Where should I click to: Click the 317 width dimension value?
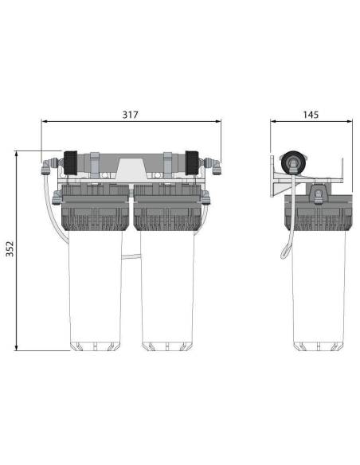(x=130, y=115)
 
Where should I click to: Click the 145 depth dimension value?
(x=311, y=115)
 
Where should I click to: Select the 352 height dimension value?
(x=10, y=248)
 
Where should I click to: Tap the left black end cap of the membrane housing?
(x=71, y=162)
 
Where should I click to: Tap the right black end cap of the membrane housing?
(x=192, y=162)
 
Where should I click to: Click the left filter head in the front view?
(x=95, y=208)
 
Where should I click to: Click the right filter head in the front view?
(x=167, y=208)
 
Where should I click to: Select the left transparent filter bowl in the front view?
(x=96, y=291)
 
